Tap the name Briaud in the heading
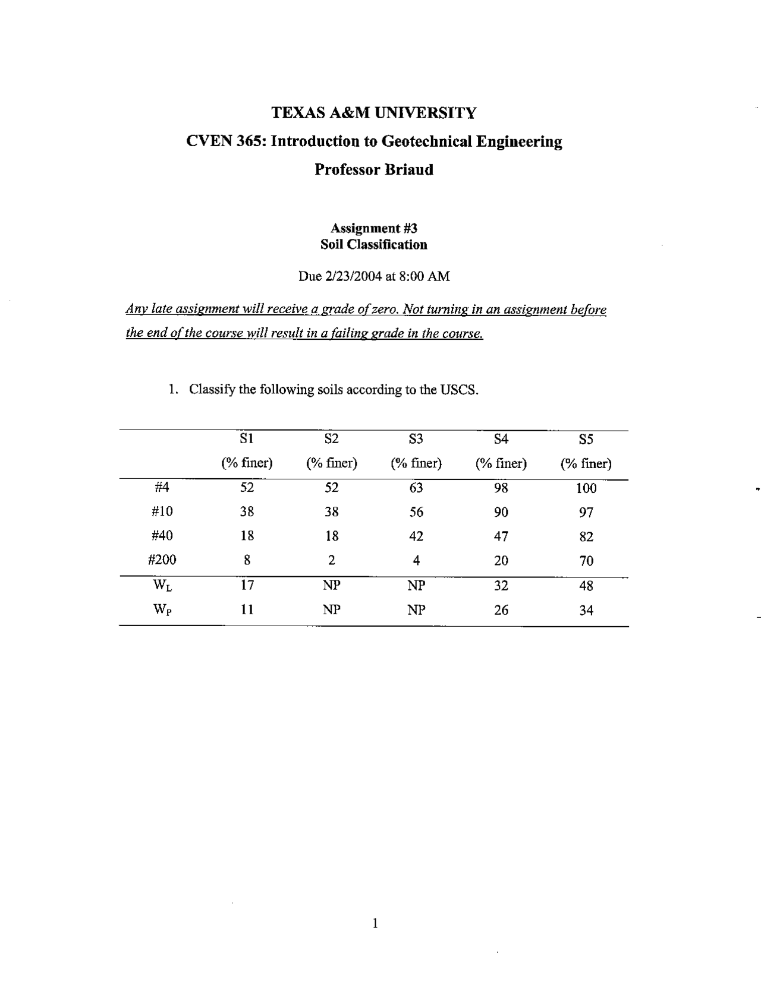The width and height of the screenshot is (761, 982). click(409, 170)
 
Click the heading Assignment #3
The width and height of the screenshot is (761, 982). click(374, 229)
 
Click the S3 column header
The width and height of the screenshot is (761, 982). click(416, 439)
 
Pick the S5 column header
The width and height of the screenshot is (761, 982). click(586, 440)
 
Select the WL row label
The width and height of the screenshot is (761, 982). click(163, 585)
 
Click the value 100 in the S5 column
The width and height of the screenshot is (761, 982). click(586, 489)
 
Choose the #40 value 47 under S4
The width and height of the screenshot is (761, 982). click(501, 536)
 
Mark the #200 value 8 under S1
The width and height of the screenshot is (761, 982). click(247, 560)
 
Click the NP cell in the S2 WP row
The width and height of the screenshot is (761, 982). click(332, 610)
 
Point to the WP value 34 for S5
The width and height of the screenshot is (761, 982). click(586, 611)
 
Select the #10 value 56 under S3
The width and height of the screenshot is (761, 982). click(416, 512)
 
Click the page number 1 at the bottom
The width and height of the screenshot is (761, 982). click(375, 923)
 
